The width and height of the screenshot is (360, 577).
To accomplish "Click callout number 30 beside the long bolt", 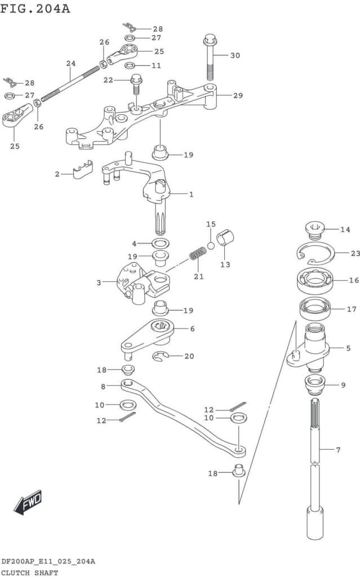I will tap(235, 55).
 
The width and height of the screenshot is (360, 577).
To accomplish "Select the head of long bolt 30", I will tap(209, 41).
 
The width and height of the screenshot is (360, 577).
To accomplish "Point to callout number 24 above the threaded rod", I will tap(70, 64).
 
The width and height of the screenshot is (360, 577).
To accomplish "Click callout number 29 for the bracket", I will tap(238, 96).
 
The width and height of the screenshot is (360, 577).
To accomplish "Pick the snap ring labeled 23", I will tap(316, 254).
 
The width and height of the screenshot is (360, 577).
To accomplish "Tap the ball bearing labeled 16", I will tap(314, 280).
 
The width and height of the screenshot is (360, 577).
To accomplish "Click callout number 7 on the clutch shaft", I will tap(338, 450).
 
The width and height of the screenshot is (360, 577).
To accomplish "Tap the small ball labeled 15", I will tap(211, 245).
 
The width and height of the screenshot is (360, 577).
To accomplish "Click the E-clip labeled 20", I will tap(163, 356).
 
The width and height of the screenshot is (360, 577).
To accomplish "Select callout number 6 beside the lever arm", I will tap(192, 329).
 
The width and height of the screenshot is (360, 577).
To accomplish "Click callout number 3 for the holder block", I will tap(99, 282).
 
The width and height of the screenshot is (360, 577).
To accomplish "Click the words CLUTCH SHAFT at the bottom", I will tap(29, 572).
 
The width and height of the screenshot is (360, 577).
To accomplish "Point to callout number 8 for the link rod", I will tap(103, 387).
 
